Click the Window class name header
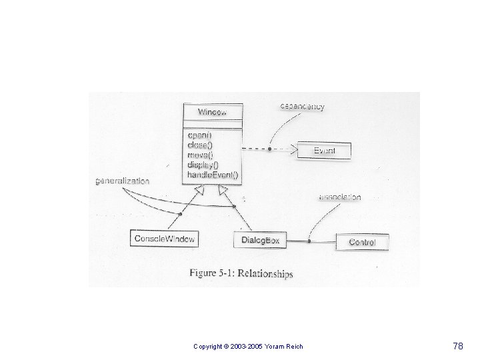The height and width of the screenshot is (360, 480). [211, 112]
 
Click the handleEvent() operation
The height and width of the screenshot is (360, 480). [213, 175]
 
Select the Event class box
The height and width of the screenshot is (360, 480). [323, 151]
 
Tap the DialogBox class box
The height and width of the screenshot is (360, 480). [260, 240]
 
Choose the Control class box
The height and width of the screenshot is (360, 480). [362, 242]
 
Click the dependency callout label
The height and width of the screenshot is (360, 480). [302, 107]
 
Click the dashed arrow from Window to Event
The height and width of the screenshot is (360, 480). [267, 149]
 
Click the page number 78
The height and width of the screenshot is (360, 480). [457, 346]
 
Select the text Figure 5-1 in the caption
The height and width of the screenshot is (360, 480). [209, 273]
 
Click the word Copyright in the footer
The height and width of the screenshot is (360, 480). [208, 347]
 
